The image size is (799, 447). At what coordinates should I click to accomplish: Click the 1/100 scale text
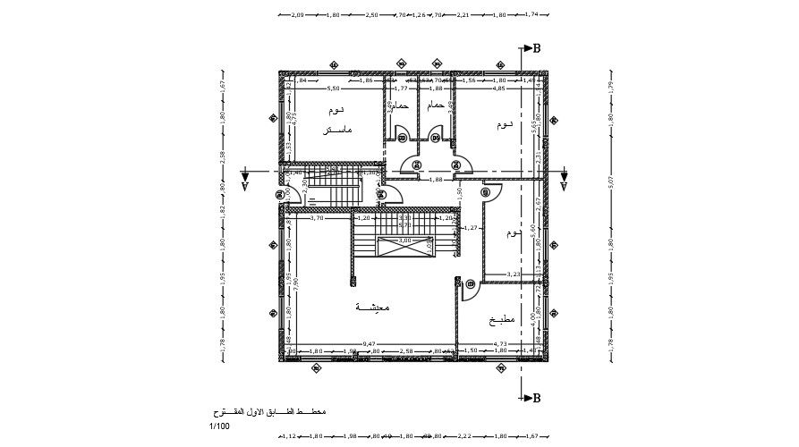(x=220, y=426)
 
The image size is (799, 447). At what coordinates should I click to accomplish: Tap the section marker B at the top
(x=536, y=48)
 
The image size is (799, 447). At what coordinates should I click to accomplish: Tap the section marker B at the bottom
(x=536, y=399)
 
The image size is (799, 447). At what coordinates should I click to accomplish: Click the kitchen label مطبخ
(x=502, y=320)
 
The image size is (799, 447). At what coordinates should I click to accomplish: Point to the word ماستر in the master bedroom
(x=337, y=130)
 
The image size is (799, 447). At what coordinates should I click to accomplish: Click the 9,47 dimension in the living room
(x=369, y=343)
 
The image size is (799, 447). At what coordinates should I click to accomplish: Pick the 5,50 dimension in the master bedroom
(x=333, y=89)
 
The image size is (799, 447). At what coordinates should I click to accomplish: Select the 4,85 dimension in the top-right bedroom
(x=499, y=89)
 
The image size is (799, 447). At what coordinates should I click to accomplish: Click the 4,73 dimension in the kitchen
(x=501, y=343)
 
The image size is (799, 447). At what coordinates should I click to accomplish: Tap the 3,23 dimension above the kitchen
(x=513, y=274)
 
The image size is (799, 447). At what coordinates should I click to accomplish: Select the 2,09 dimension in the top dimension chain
(x=298, y=15)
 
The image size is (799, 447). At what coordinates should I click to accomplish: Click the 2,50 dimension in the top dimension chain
(x=372, y=15)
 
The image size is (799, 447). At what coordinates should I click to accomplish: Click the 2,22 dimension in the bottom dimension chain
(x=463, y=436)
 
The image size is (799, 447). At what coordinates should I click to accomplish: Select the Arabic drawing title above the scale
(x=268, y=412)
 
